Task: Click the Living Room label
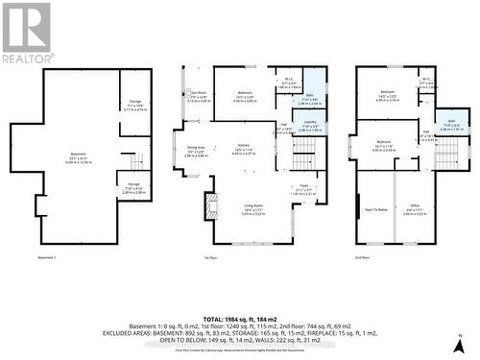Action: point(252,209)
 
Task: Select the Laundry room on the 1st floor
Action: point(309,126)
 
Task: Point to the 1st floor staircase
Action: point(304,154)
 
